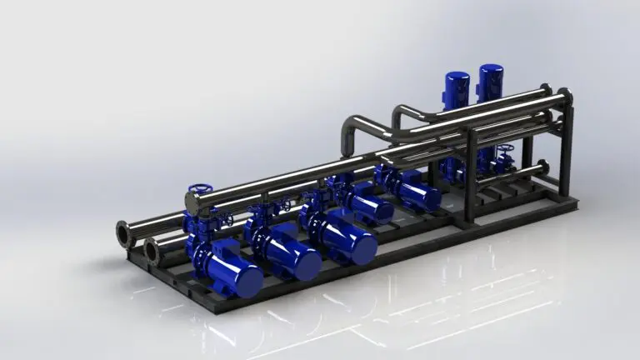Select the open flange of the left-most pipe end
click(124, 234)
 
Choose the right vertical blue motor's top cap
click(491, 71)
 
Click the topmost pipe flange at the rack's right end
click(545, 89)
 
